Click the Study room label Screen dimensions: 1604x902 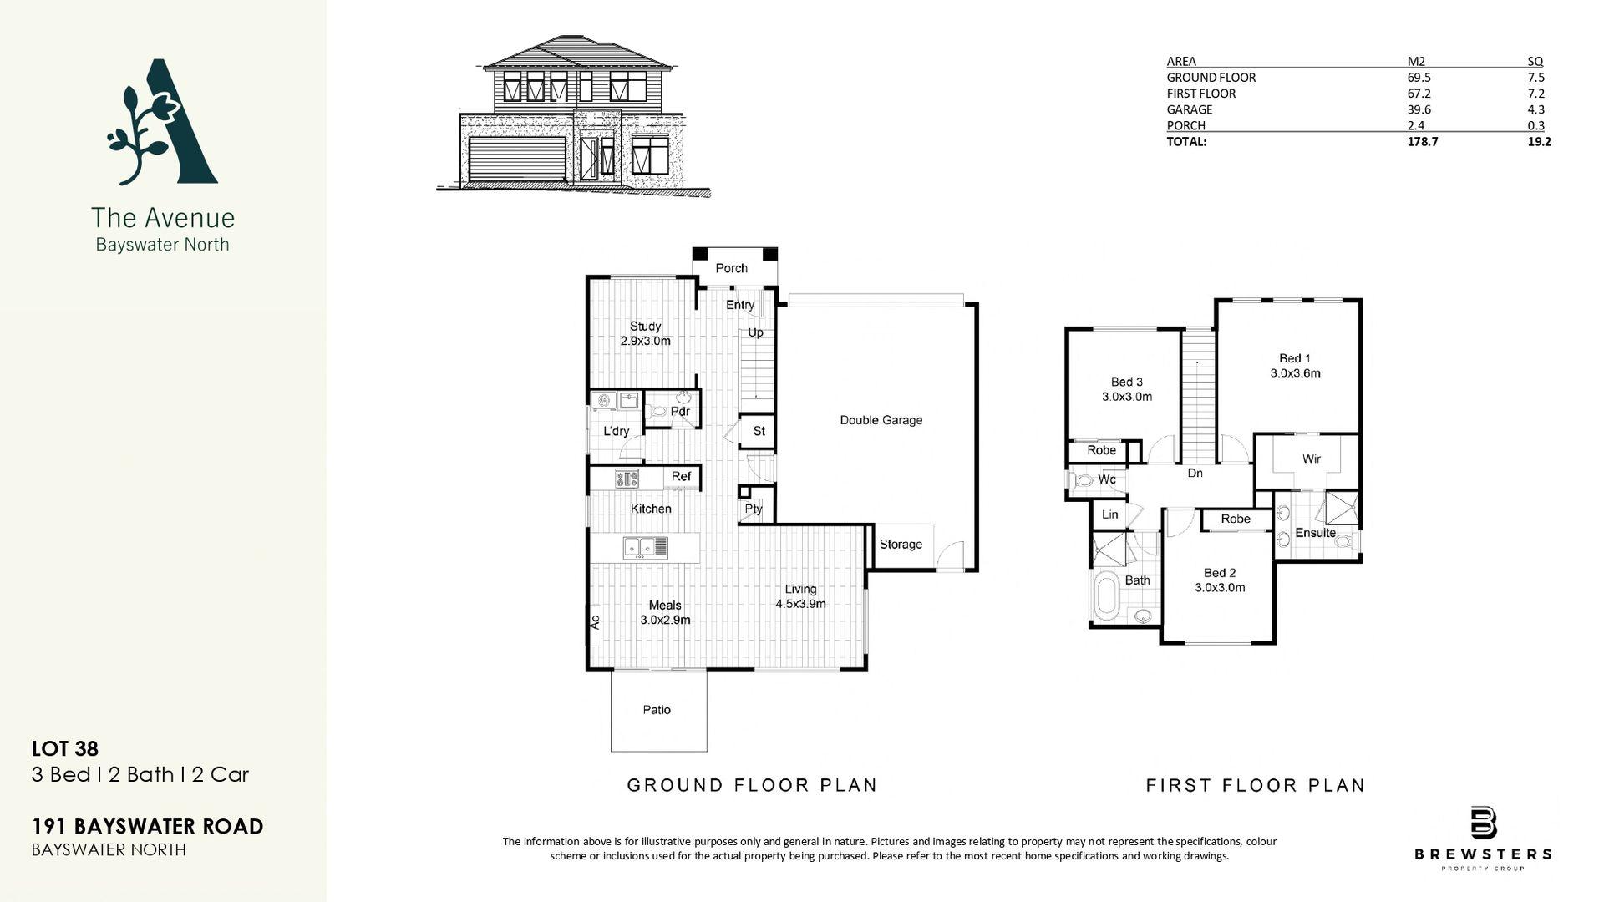[645, 326]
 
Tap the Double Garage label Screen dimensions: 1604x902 [881, 420]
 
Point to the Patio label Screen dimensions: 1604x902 [657, 710]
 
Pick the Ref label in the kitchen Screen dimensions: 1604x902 [681, 476]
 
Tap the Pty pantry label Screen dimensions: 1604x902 [754, 509]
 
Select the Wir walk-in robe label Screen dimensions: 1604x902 [1311, 459]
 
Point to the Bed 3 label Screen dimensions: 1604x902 [1127, 382]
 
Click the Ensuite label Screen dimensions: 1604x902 [1315, 533]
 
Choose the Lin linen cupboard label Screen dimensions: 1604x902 [1109, 514]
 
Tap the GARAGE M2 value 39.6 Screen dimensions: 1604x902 [1418, 109]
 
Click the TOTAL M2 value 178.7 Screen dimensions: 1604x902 [1423, 142]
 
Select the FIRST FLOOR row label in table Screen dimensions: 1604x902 [1200, 94]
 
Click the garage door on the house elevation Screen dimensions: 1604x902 [517, 159]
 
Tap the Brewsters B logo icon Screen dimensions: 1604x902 [1483, 823]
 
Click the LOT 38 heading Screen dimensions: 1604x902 [65, 749]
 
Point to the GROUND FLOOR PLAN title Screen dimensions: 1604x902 [752, 785]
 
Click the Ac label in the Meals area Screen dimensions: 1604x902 [595, 622]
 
